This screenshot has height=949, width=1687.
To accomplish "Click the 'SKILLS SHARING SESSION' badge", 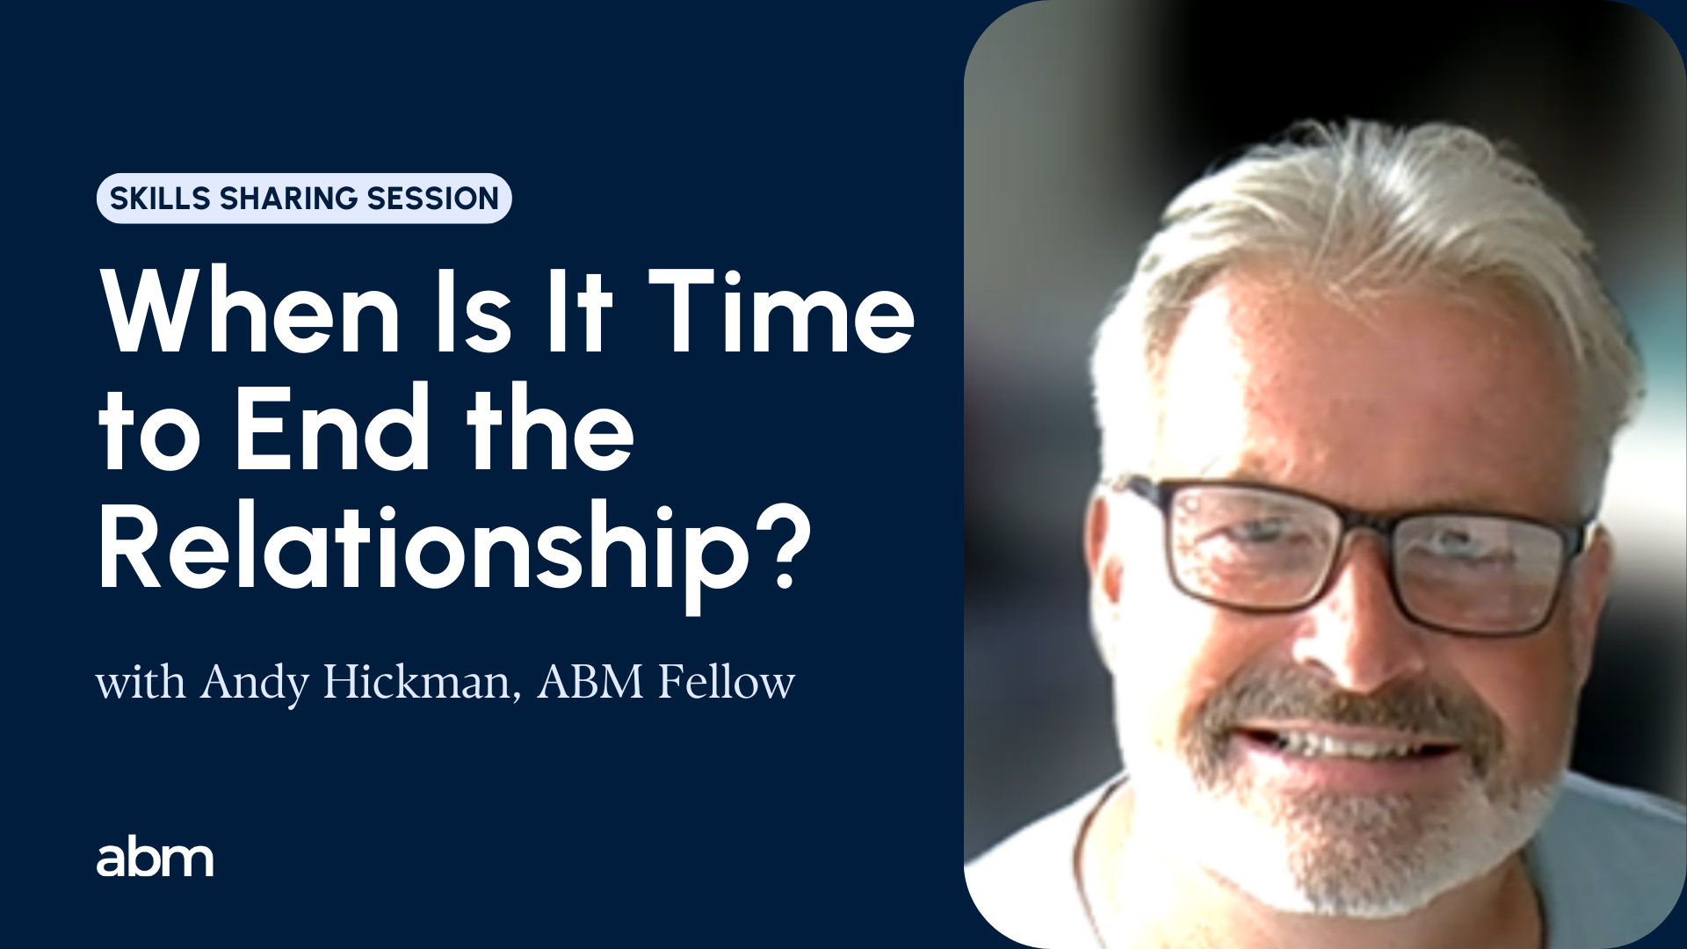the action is click(x=304, y=199).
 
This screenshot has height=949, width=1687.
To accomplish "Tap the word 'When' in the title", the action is click(x=251, y=312).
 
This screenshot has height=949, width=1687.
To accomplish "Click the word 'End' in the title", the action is click(x=332, y=428).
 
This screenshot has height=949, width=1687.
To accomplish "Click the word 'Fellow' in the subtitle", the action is click(x=727, y=682).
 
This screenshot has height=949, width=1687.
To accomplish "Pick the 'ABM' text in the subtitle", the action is click(x=590, y=682).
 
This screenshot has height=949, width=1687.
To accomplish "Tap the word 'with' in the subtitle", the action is click(x=141, y=682).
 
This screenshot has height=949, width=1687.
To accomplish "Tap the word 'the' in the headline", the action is click(x=550, y=428).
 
